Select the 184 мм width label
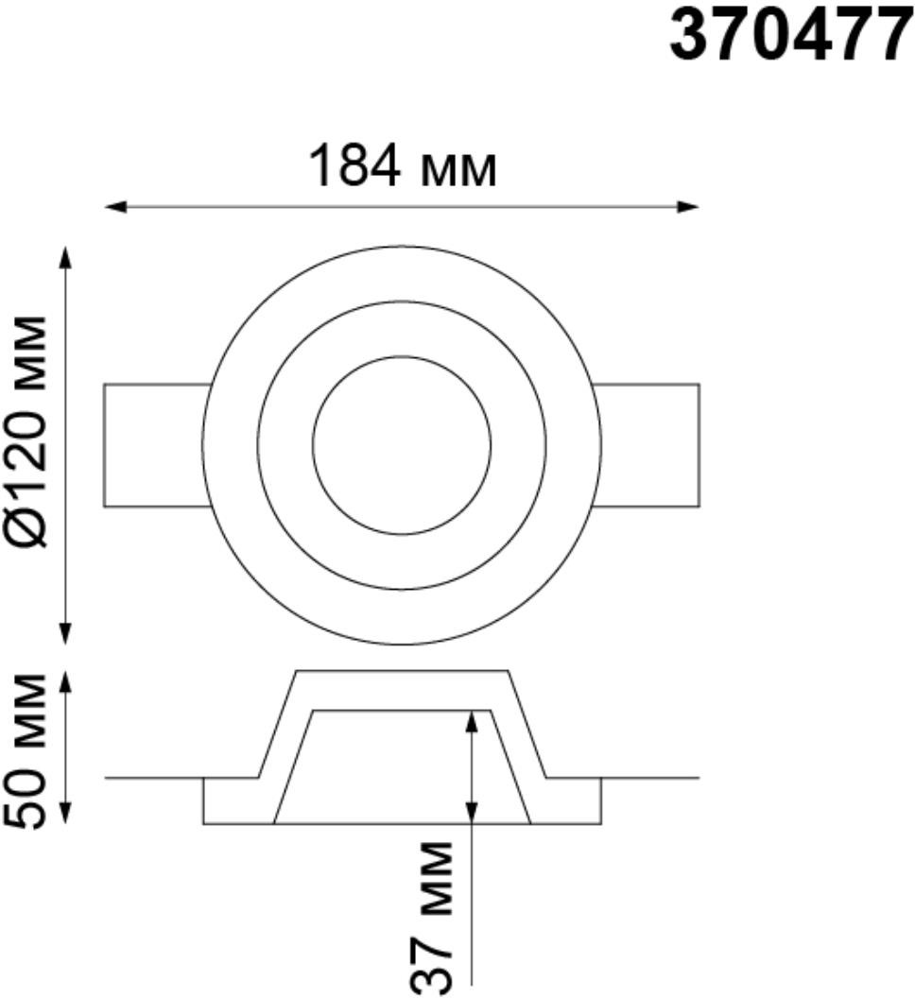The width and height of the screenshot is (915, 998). click(x=402, y=166)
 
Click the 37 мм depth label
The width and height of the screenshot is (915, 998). click(x=435, y=918)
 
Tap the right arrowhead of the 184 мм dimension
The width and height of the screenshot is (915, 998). click(x=688, y=206)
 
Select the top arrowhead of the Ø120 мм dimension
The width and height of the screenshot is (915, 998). click(x=65, y=258)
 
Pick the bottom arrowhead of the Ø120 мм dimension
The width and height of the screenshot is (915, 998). click(x=65, y=632)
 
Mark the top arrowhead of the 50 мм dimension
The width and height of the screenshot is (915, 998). click(x=65, y=682)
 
